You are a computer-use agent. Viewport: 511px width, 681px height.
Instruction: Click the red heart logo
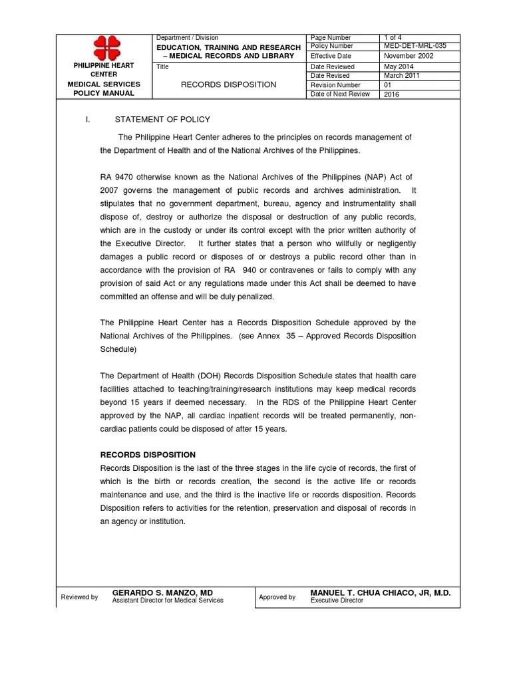103,47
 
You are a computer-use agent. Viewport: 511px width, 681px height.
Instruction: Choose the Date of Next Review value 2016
392,94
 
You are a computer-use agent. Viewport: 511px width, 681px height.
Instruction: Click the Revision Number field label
335,85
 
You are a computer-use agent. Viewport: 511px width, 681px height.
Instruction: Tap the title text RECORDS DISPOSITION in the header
229,85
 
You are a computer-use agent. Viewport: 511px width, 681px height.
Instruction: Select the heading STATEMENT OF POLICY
162,120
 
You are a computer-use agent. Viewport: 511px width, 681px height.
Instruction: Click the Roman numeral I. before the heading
86,120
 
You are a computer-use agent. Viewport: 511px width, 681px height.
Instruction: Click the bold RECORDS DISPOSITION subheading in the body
148,455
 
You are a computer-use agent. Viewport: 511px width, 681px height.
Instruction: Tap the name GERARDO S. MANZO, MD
162,592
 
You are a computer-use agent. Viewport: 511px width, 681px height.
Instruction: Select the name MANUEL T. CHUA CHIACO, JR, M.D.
381,592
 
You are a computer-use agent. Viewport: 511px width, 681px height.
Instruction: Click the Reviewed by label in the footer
79,597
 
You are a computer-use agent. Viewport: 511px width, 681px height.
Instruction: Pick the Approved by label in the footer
277,597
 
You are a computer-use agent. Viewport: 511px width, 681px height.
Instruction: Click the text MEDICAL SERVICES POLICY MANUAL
103,89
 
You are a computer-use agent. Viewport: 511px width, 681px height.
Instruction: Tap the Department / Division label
187,38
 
